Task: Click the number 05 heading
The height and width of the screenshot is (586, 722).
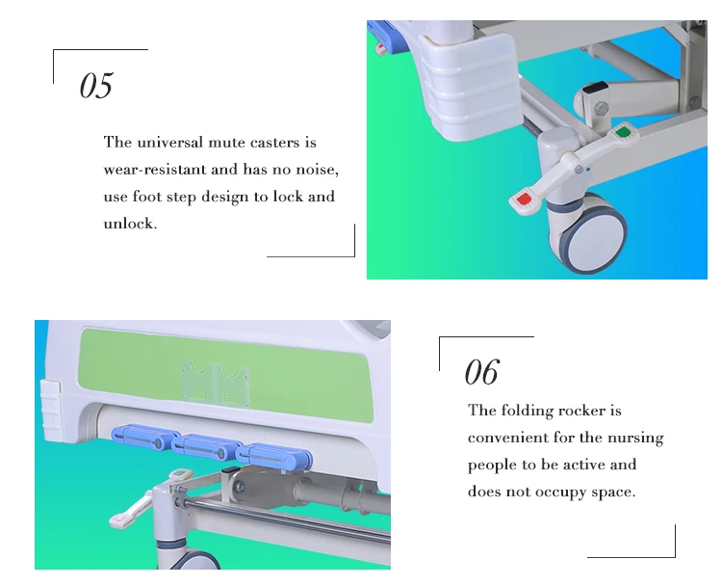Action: coord(95,85)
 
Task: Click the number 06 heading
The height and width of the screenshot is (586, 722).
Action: coord(481,372)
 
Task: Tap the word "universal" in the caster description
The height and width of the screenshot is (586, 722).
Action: coord(169,142)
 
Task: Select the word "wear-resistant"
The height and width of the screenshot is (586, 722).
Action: coord(154,170)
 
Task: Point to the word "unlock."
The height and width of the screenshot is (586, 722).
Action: coord(130,224)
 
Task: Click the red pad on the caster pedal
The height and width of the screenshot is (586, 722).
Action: coord(524,200)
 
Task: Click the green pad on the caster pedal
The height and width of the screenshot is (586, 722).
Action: coord(623,132)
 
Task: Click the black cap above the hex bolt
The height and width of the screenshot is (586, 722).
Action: coord(594,88)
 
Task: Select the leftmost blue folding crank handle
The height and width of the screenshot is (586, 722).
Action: coord(145,438)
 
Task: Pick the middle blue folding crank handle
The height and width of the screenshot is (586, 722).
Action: coord(206,447)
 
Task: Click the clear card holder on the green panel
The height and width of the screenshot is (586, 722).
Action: coord(216,384)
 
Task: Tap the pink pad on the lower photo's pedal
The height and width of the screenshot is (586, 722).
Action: coord(120,519)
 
